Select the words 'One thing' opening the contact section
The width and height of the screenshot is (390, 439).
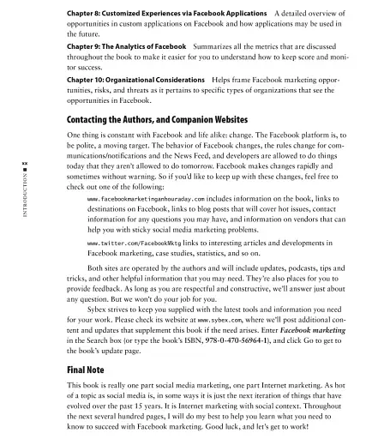84,135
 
